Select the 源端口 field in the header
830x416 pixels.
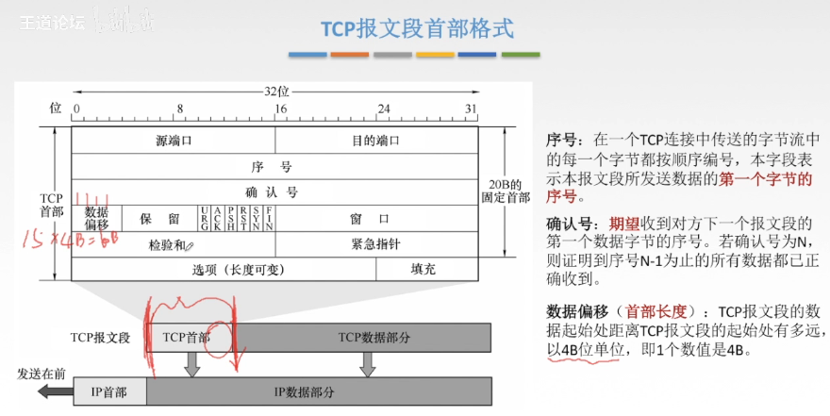tap(173, 141)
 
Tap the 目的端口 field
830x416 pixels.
tap(375, 141)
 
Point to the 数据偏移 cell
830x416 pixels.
tap(96, 218)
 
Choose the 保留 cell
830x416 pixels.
tap(159, 218)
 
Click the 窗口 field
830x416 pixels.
tap(375, 218)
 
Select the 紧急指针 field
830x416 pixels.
tap(375, 244)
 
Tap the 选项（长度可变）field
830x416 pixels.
tap(224, 269)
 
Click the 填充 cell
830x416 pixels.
tap(423, 269)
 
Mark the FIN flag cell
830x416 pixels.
tap(269, 218)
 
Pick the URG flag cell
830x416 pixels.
tap(204, 218)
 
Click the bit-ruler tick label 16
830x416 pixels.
tap(279, 108)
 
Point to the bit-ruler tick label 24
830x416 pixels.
tap(383, 108)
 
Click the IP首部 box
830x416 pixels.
tap(109, 391)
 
